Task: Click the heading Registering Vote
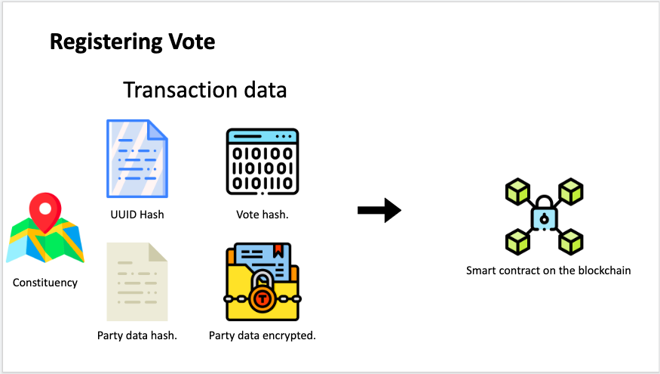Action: (132, 42)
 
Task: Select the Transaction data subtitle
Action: (204, 90)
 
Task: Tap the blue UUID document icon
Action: (137, 159)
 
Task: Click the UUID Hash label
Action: (137, 215)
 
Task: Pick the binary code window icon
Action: (262, 160)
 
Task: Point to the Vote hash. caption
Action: (262, 215)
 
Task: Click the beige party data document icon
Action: (137, 281)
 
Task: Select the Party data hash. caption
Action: (137, 335)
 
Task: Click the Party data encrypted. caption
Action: (262, 335)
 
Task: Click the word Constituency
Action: (45, 283)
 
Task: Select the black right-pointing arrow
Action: (379, 210)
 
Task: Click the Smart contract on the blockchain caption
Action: (548, 270)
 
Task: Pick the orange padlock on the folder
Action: (262, 297)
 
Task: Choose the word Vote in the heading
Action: (192, 42)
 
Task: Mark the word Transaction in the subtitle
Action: (174, 90)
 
